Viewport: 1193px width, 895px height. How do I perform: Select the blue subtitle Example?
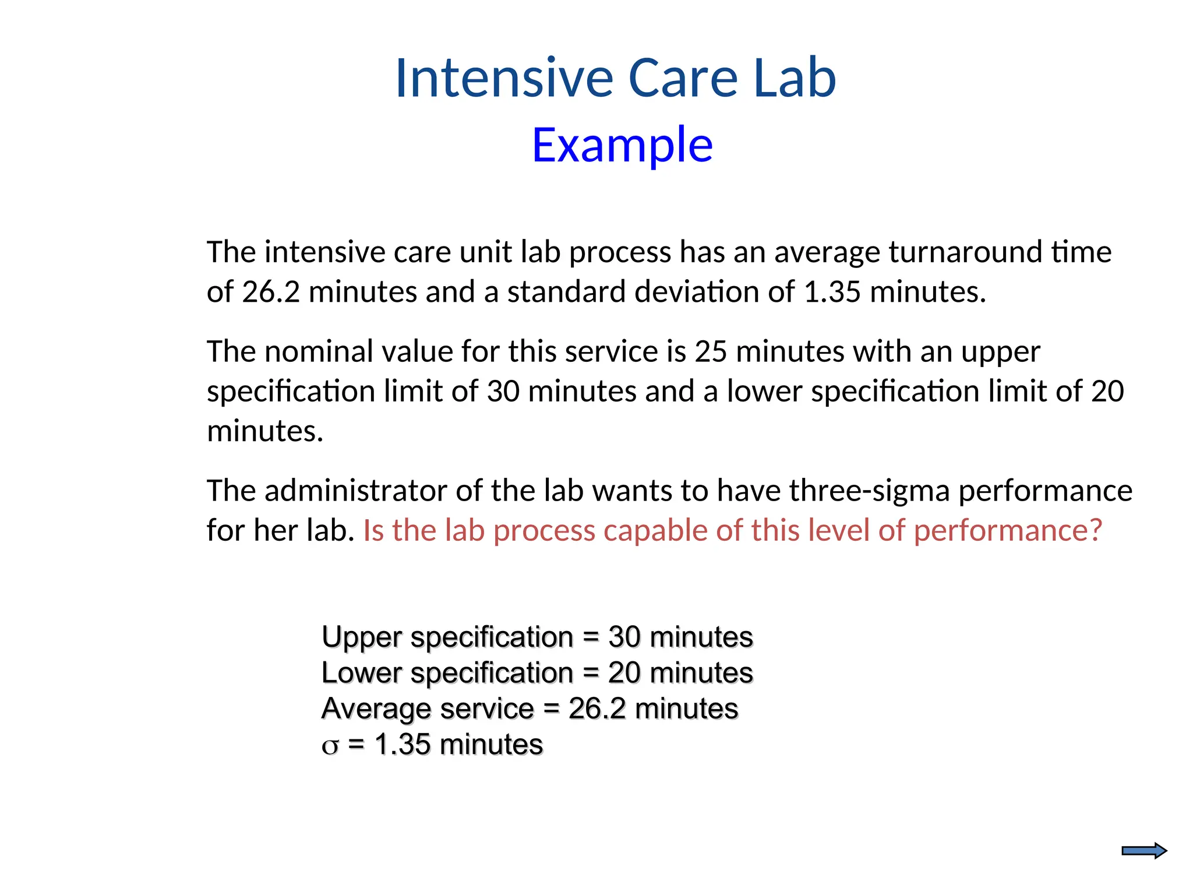622,145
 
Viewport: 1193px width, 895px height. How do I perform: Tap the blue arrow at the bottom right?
1143,851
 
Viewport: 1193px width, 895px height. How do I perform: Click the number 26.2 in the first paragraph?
271,291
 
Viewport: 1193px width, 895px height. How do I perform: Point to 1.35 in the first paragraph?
832,291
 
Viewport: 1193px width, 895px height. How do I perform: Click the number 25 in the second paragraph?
711,352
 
